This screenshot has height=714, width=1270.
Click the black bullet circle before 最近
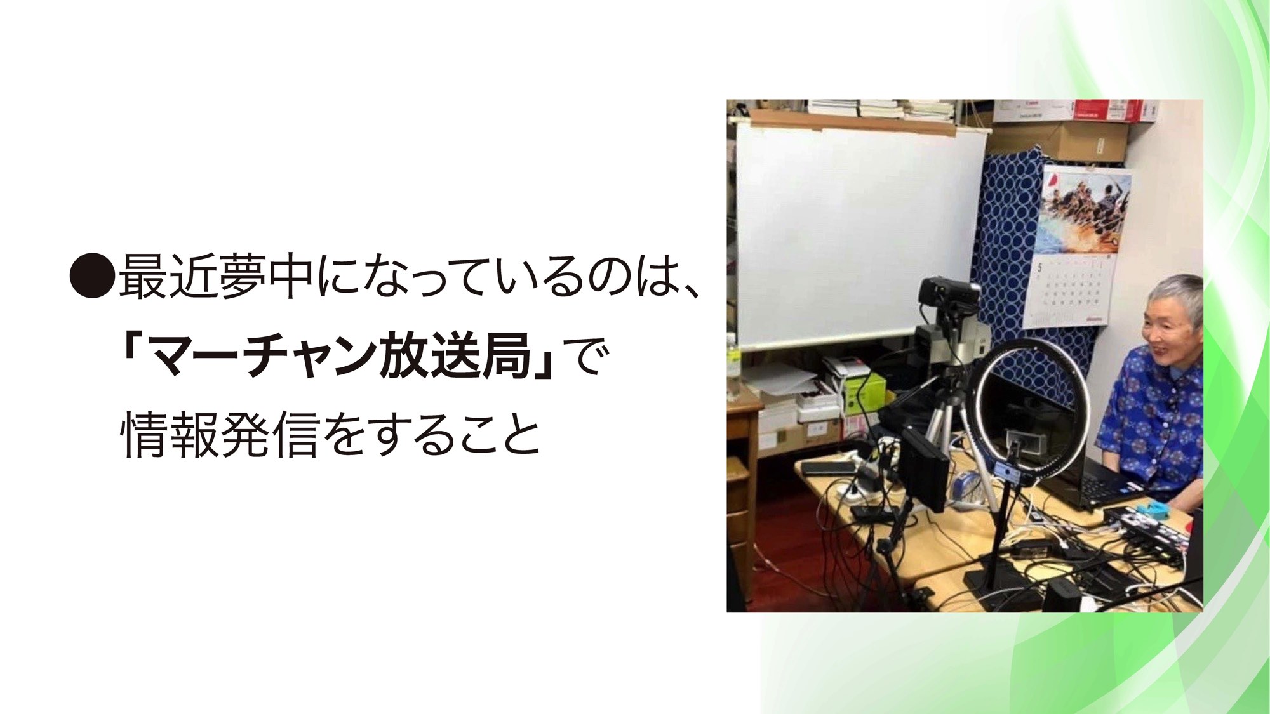(92, 277)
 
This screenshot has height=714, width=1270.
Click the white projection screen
(860, 235)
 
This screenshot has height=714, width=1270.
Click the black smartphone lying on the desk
(826, 468)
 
